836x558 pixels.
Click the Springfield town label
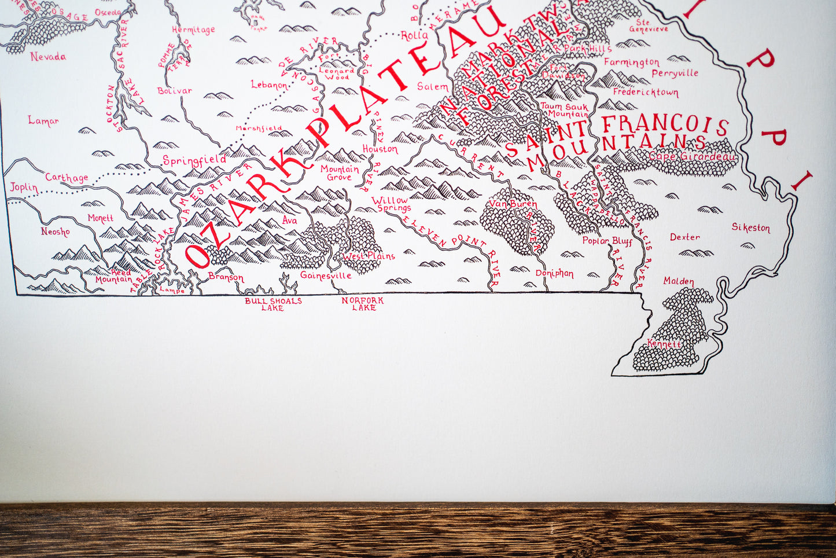tap(194, 160)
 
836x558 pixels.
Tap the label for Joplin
tap(24, 188)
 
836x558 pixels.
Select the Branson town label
tap(226, 277)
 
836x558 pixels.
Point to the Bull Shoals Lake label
tap(273, 304)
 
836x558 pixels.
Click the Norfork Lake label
tap(363, 304)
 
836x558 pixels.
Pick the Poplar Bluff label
tap(607, 241)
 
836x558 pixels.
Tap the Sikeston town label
tap(750, 227)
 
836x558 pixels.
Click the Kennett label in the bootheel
tap(665, 344)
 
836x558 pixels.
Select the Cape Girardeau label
tap(692, 156)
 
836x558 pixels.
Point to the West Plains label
tap(369, 256)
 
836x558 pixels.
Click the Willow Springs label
tap(392, 204)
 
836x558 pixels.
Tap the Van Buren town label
tap(513, 204)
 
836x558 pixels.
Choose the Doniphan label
tap(554, 273)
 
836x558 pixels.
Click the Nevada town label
tap(48, 57)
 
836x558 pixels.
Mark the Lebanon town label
tap(269, 85)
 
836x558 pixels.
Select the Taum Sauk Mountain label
tap(564, 110)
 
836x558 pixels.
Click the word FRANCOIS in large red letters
tap(665, 124)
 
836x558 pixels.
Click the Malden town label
tap(679, 281)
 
